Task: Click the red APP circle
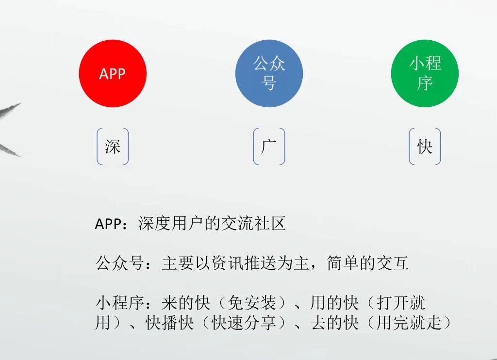[x=113, y=74]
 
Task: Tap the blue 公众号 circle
[x=269, y=74]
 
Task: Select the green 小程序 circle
[x=425, y=74]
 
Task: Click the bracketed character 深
[x=113, y=147]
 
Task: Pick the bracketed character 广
[x=269, y=147]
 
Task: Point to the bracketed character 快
[x=425, y=147]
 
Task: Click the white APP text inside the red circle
[x=113, y=74]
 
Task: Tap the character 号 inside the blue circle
[x=269, y=83]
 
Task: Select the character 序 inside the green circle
[x=425, y=83]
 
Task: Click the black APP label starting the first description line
[x=108, y=224]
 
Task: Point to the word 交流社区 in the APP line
[x=253, y=223]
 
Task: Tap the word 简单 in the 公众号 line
[x=343, y=263]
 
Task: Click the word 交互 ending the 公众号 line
[x=392, y=263]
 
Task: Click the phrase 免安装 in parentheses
[x=252, y=303]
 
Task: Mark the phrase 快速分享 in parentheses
[x=243, y=323]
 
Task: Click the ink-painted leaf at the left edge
[x=10, y=130]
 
